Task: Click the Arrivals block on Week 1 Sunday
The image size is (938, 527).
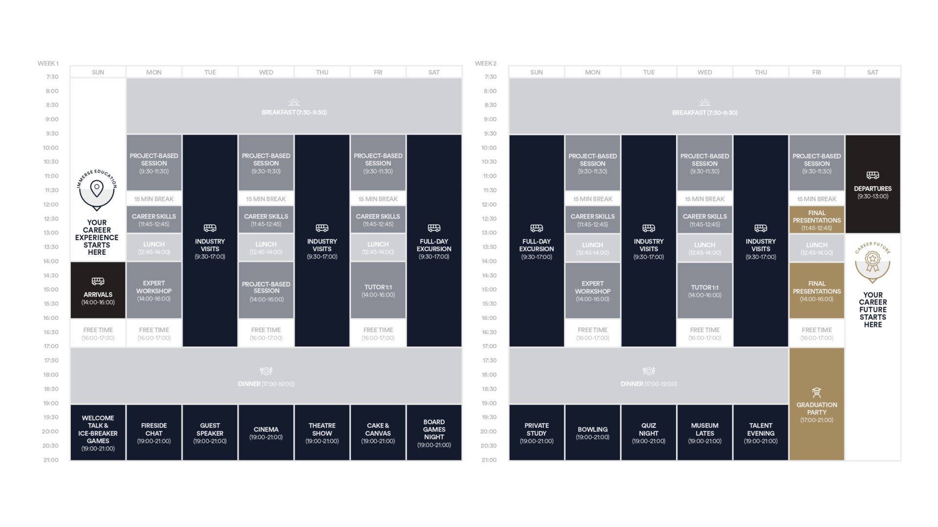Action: (98, 290)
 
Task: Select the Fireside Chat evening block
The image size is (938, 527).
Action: (154, 432)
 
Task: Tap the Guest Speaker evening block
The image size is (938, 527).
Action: (210, 432)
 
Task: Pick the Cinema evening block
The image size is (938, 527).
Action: (266, 432)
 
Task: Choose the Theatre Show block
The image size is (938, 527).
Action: (322, 432)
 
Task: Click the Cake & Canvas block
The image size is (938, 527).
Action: (378, 432)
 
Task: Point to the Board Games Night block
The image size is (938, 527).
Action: (434, 432)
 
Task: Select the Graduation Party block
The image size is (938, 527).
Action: (817, 404)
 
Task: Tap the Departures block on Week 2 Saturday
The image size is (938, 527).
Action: (873, 184)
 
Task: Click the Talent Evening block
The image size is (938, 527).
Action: (761, 432)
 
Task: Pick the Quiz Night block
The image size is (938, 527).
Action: (649, 432)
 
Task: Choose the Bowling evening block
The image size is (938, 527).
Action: (593, 432)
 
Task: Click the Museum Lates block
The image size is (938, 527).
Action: (704, 432)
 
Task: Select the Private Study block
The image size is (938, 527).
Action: (536, 432)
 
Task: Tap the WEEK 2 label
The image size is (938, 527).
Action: (486, 63)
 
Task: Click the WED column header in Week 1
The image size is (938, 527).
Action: (266, 72)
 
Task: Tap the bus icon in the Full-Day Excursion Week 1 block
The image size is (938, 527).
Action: (434, 228)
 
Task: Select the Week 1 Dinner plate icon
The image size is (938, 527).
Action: (266, 371)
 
